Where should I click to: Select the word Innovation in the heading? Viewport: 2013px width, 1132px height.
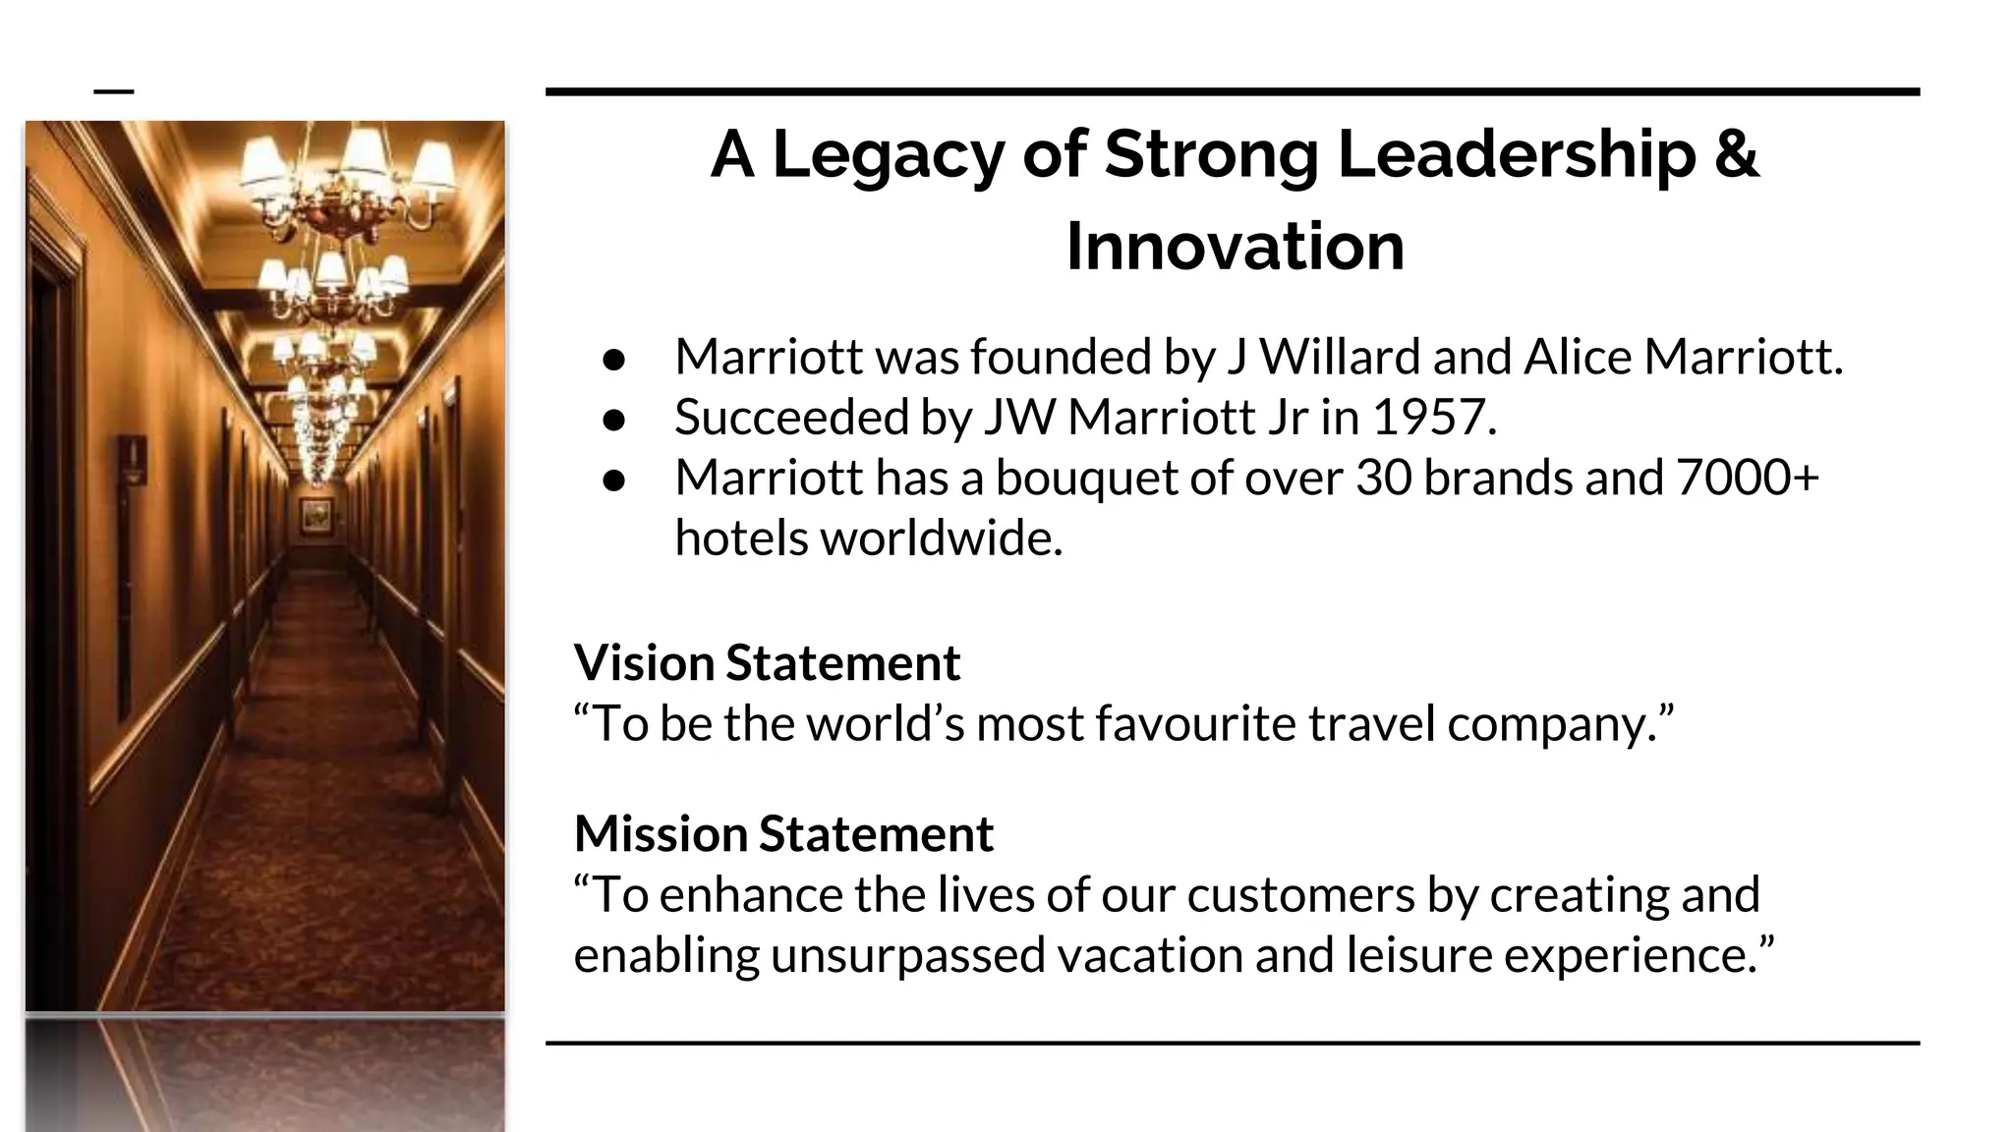coord(1235,246)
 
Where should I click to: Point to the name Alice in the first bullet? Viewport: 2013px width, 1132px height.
coord(1578,356)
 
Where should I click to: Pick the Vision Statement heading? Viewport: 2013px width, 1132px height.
coord(767,662)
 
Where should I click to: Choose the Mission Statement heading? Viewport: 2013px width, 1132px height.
coord(783,833)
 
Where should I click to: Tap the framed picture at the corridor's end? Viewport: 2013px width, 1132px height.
coord(316,514)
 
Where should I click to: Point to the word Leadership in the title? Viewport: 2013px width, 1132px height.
coord(1517,155)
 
